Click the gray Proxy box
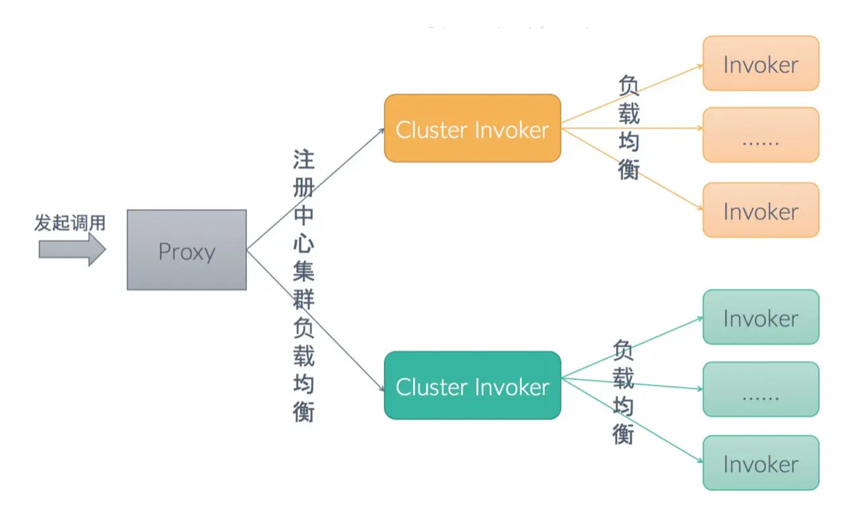[187, 249]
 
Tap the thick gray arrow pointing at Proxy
[72, 249]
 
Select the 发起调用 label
[70, 223]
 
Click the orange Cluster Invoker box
[472, 128]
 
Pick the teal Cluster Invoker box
[472, 385]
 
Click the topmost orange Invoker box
[761, 63]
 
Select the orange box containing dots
[761, 135]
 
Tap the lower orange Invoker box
[761, 210]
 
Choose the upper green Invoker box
[761, 317]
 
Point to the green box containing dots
[761, 389]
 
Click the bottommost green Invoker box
[761, 463]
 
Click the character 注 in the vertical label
[303, 159]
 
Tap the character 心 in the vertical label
[303, 243]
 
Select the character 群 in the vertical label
[303, 299]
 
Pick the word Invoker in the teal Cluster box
[512, 387]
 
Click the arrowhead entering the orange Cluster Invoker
[381, 130]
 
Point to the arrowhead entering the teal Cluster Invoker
[381, 389]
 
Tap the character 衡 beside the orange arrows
[629, 169]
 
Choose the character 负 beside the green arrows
[623, 350]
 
